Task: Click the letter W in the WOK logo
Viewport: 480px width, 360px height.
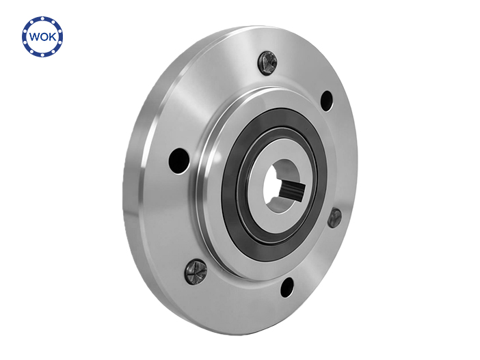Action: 35,37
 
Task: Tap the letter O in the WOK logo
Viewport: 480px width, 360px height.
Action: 44,37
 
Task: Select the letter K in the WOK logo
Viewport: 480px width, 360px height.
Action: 52,37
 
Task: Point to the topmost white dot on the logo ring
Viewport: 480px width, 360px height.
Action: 43,18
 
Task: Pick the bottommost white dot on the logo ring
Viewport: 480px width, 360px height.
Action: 43,55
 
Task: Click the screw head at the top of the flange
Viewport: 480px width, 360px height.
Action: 267,63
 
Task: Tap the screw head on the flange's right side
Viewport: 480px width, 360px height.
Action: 334,218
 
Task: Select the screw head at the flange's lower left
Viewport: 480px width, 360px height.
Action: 196,271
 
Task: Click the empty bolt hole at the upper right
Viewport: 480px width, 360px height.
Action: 327,101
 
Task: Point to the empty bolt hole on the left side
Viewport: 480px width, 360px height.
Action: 179,161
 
